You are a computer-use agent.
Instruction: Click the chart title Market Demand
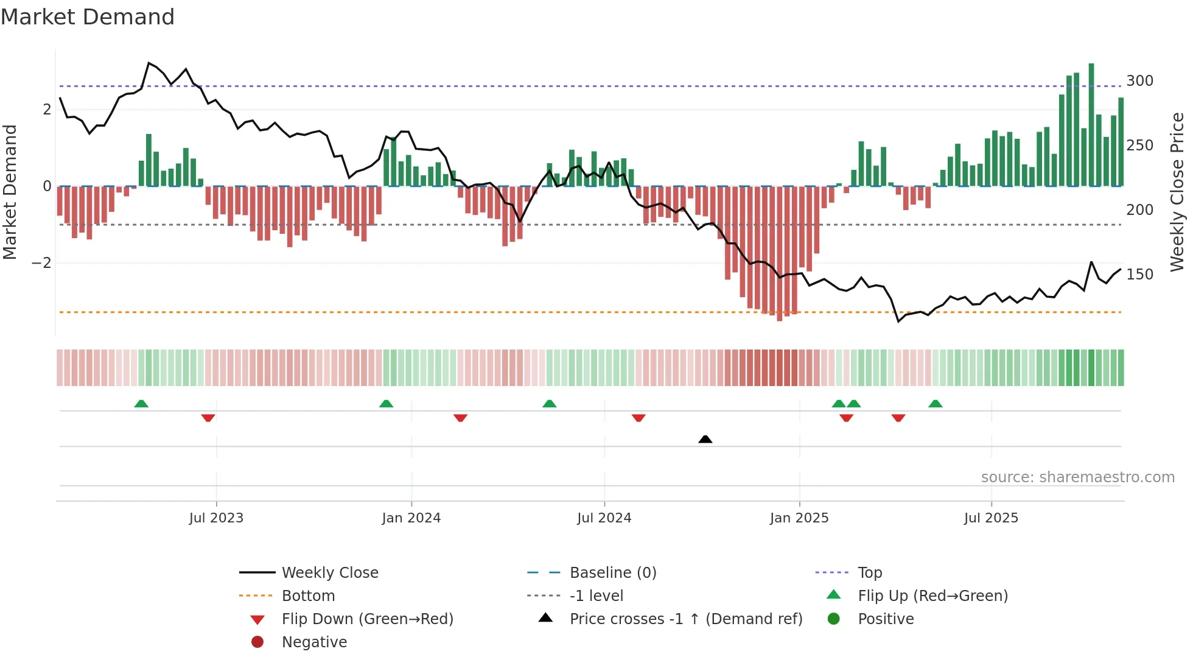(x=88, y=17)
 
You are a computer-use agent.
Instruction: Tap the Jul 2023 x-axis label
(x=216, y=518)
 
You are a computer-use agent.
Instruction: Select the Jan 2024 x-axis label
(x=411, y=518)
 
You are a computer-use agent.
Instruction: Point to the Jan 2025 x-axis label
(x=799, y=518)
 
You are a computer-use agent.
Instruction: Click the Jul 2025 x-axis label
(x=990, y=518)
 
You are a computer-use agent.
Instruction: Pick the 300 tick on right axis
(x=1139, y=81)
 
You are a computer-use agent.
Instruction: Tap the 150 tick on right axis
(x=1139, y=275)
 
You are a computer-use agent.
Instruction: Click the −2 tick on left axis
(x=41, y=263)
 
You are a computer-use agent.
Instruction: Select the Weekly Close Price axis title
(x=1177, y=192)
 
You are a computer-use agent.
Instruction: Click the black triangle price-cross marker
(x=705, y=439)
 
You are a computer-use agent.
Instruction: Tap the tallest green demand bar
(x=1091, y=125)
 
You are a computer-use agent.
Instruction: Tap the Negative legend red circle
(x=257, y=642)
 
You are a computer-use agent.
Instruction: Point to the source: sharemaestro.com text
(x=1077, y=477)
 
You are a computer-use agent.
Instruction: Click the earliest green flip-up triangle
(x=141, y=404)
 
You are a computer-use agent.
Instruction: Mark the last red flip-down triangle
(x=898, y=418)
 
